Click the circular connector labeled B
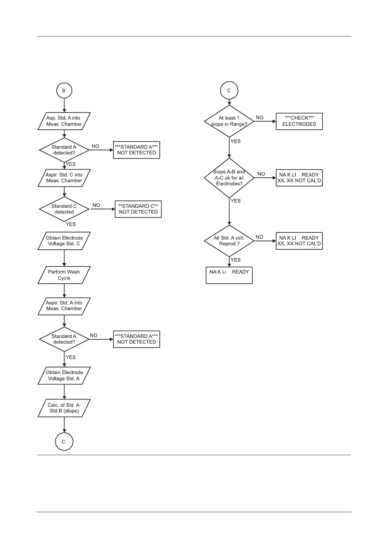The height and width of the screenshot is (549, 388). (64, 91)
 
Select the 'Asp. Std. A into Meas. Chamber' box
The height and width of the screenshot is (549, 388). (64, 121)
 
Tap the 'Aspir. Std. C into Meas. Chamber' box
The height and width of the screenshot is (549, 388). (64, 178)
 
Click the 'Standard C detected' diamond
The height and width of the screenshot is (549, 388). (64, 209)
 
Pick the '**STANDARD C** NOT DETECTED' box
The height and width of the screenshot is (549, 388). (138, 209)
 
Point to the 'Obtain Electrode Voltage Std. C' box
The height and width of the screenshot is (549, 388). (64, 241)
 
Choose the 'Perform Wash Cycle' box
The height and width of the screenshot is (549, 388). (64, 275)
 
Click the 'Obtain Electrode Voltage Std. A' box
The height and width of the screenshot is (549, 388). (64, 376)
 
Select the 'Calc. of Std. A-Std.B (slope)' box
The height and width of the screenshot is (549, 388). (64, 408)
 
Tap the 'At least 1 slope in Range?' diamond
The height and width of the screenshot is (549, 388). (229, 121)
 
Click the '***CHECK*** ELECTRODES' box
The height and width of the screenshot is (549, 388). (299, 121)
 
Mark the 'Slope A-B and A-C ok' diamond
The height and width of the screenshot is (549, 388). (229, 178)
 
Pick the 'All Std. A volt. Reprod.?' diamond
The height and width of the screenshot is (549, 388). (229, 241)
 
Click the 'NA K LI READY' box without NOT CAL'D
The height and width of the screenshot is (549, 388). (229, 275)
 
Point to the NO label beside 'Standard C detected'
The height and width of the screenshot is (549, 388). (96, 205)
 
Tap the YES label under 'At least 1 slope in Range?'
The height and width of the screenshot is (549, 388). (235, 141)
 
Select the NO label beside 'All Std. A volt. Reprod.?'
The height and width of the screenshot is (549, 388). (260, 237)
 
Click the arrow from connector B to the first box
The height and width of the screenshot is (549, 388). (64, 105)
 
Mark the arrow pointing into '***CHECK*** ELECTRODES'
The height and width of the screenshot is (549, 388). (265, 121)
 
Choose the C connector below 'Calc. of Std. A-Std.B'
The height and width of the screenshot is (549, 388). (64, 442)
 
